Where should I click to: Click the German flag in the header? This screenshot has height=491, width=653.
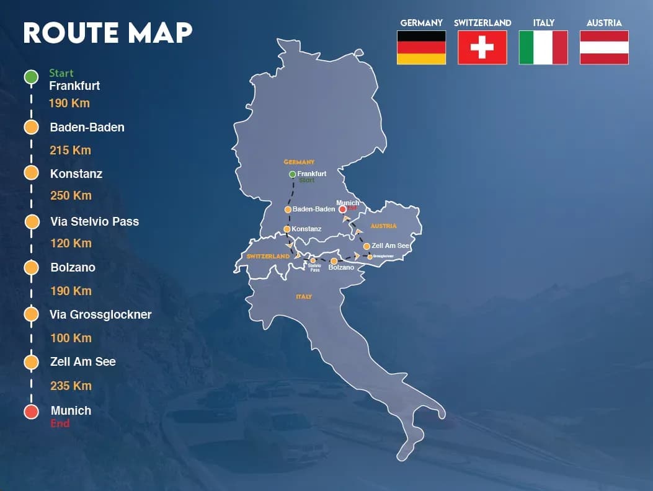tap(421, 48)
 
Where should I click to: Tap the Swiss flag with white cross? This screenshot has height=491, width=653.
tap(482, 48)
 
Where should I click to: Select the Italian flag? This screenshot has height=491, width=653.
tap(543, 48)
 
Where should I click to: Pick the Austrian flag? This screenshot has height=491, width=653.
tap(604, 48)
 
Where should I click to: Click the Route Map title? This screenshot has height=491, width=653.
tap(108, 33)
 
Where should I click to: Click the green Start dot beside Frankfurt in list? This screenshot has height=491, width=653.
tap(31, 77)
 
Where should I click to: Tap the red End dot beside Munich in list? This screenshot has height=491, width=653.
tap(31, 411)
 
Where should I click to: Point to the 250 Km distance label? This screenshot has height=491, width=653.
tap(70, 196)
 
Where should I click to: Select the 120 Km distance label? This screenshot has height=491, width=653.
tap(70, 244)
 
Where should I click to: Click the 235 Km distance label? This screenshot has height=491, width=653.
tap(70, 386)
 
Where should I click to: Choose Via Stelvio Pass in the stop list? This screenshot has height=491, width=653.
tap(94, 221)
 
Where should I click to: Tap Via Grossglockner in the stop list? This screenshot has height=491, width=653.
tap(100, 315)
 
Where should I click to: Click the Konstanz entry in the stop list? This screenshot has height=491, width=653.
tap(76, 174)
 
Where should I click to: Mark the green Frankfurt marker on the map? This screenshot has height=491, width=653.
tap(292, 174)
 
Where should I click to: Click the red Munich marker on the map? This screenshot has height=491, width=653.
tap(342, 210)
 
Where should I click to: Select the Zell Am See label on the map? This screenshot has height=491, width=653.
tap(391, 246)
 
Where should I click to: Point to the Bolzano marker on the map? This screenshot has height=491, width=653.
tap(334, 261)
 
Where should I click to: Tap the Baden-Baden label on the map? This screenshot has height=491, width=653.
tap(314, 210)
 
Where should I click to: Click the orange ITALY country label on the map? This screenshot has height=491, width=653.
tap(304, 297)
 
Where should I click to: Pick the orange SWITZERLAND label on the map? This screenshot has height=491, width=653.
tap(268, 256)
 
